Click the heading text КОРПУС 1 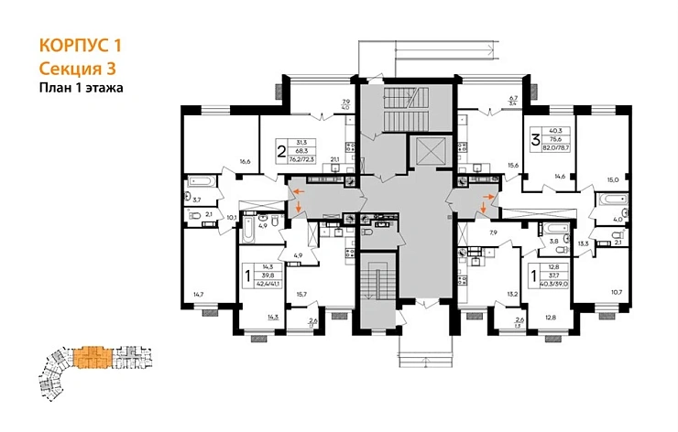[x=81, y=45]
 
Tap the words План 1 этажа [x=82, y=88]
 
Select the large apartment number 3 [x=535, y=142]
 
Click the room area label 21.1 [x=334, y=160]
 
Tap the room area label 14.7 [x=197, y=294]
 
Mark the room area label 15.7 [x=301, y=294]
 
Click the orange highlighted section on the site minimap [x=92, y=355]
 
